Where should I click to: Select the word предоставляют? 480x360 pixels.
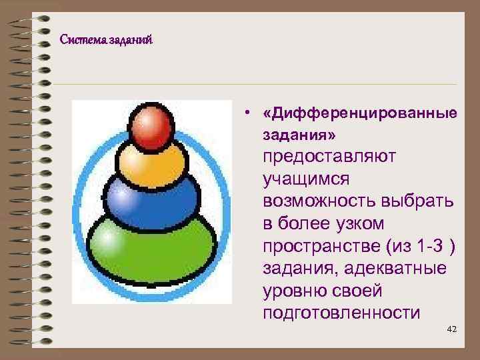coord(329,157)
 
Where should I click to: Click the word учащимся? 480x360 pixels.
coord(305,179)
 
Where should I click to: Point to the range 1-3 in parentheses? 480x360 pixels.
coord(427,246)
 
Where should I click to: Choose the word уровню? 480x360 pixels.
coord(296,291)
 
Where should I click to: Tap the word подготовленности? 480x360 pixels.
coord(341,313)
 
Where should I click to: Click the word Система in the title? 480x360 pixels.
coord(79,40)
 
